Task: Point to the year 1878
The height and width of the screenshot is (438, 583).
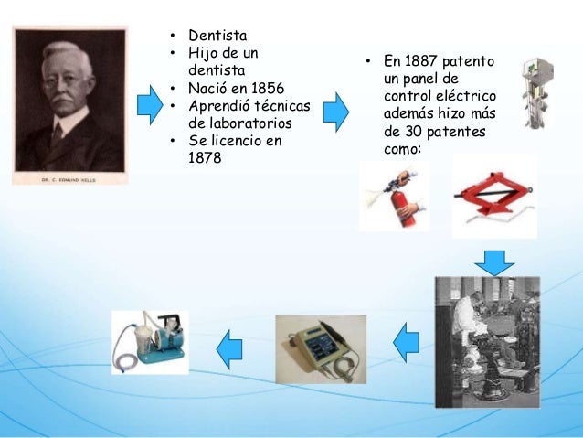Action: pyautogui.click(x=204, y=157)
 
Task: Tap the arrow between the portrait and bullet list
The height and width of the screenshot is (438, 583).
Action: pyautogui.click(x=149, y=106)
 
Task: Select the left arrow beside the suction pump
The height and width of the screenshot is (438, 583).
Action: pyautogui.click(x=229, y=346)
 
